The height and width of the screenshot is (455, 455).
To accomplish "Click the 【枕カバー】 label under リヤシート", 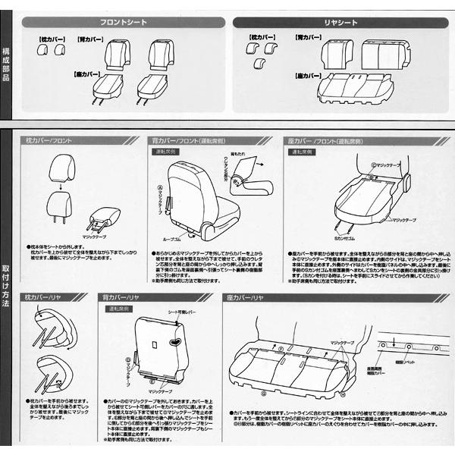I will point(259,36).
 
